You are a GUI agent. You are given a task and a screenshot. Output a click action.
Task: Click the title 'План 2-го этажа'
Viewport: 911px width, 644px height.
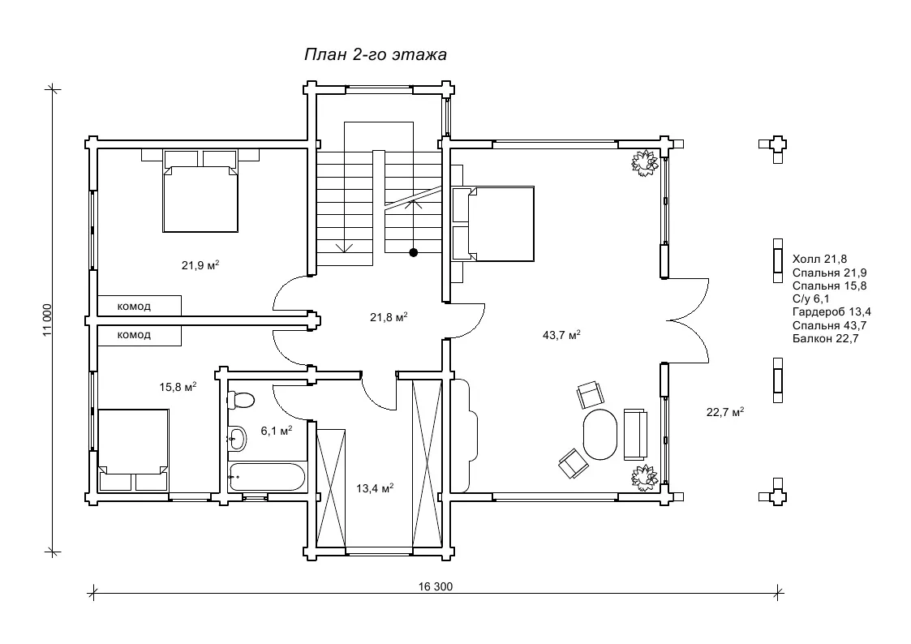(x=376, y=54)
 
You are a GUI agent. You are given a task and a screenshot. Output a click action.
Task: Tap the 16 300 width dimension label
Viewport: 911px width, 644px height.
(x=435, y=586)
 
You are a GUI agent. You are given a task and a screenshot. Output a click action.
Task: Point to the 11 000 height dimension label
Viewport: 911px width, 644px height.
(x=47, y=320)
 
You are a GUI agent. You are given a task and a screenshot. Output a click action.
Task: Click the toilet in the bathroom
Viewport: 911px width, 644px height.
(x=240, y=400)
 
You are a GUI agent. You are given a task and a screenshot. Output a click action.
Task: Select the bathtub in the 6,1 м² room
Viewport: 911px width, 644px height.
(x=267, y=478)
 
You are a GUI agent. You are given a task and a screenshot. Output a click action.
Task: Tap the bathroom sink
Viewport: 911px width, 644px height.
(x=236, y=439)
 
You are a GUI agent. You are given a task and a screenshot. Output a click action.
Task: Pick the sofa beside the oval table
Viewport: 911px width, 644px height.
(x=635, y=435)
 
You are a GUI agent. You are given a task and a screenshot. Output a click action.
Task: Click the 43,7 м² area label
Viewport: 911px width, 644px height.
(x=562, y=336)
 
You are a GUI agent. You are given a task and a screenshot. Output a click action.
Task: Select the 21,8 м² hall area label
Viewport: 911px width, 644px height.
(x=389, y=317)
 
